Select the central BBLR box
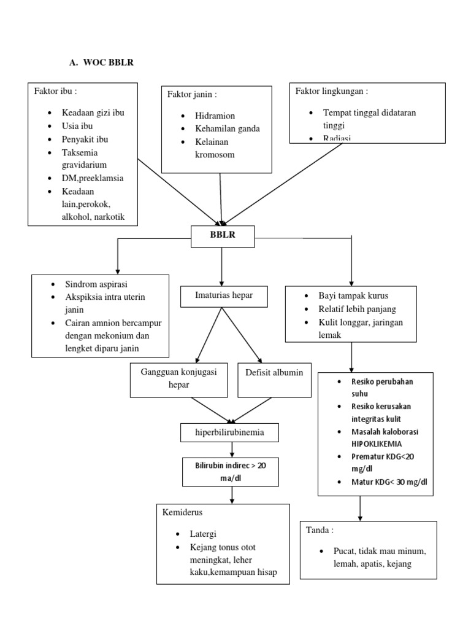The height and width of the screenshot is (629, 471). tap(223, 235)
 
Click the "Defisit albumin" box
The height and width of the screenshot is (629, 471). tap(274, 373)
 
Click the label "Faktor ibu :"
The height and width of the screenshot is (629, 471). tap(56, 92)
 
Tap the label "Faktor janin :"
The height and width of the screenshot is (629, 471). tap(192, 94)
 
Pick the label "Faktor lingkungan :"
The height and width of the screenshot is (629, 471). tap(332, 92)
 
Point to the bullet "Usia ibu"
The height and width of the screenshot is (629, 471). tap(77, 126)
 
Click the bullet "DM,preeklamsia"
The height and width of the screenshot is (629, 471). tap(93, 178)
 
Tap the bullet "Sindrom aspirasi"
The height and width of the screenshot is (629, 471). tap(97, 284)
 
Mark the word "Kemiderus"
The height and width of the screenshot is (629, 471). tap(183, 512)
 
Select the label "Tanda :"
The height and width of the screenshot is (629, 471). tap(319, 529)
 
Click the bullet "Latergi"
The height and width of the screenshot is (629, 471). tap(202, 534)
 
